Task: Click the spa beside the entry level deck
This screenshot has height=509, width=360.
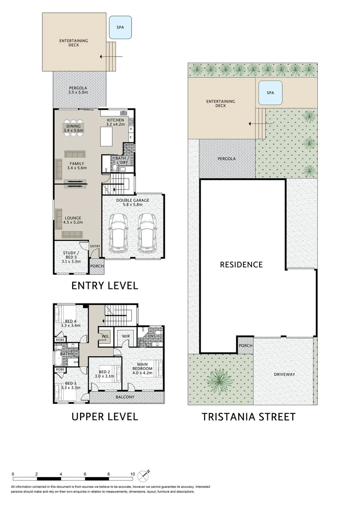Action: click(x=120, y=28)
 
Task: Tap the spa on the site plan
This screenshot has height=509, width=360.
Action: click(x=270, y=93)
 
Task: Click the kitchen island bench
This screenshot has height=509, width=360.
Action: click(x=106, y=137)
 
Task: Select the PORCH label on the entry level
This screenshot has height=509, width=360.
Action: click(x=97, y=266)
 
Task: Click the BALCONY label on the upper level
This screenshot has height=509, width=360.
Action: click(x=125, y=397)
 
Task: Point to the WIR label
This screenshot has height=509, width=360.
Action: click(x=126, y=337)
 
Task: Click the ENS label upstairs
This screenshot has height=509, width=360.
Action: click(x=152, y=337)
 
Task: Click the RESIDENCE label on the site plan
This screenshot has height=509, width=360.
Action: click(x=241, y=265)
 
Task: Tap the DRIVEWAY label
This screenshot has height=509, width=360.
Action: click(x=284, y=374)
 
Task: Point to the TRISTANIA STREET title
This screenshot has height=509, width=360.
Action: click(x=249, y=417)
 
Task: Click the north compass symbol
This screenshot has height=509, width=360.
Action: click(x=143, y=476)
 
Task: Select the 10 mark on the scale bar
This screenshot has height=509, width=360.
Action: click(x=132, y=474)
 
